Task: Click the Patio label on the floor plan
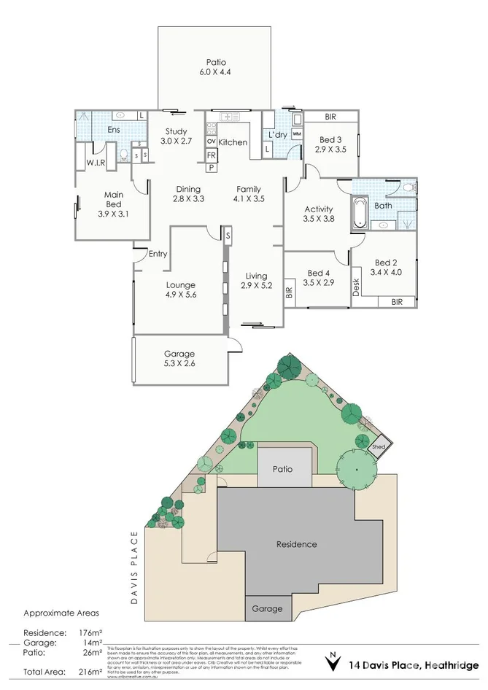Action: (x=214, y=63)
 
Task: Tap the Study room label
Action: (x=175, y=131)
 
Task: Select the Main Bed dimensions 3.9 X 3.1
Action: (x=113, y=214)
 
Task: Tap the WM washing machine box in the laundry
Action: (x=297, y=134)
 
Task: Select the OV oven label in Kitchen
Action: (x=212, y=141)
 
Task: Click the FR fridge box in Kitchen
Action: (x=212, y=155)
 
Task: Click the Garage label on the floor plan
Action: (x=179, y=354)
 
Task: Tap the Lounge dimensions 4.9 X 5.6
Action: (x=181, y=295)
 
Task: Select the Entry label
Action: (x=158, y=254)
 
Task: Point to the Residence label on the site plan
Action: (x=297, y=544)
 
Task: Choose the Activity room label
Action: (x=318, y=209)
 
